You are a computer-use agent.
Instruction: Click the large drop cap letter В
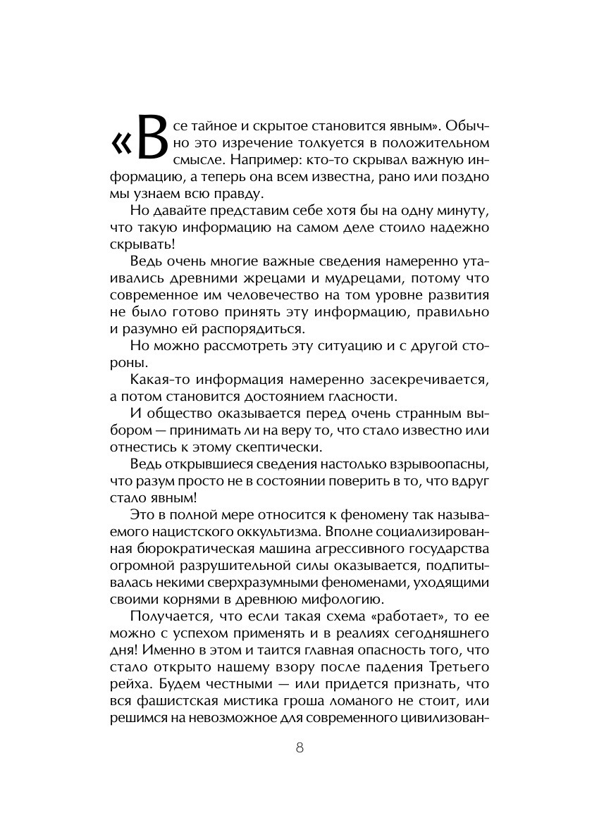[151, 138]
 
